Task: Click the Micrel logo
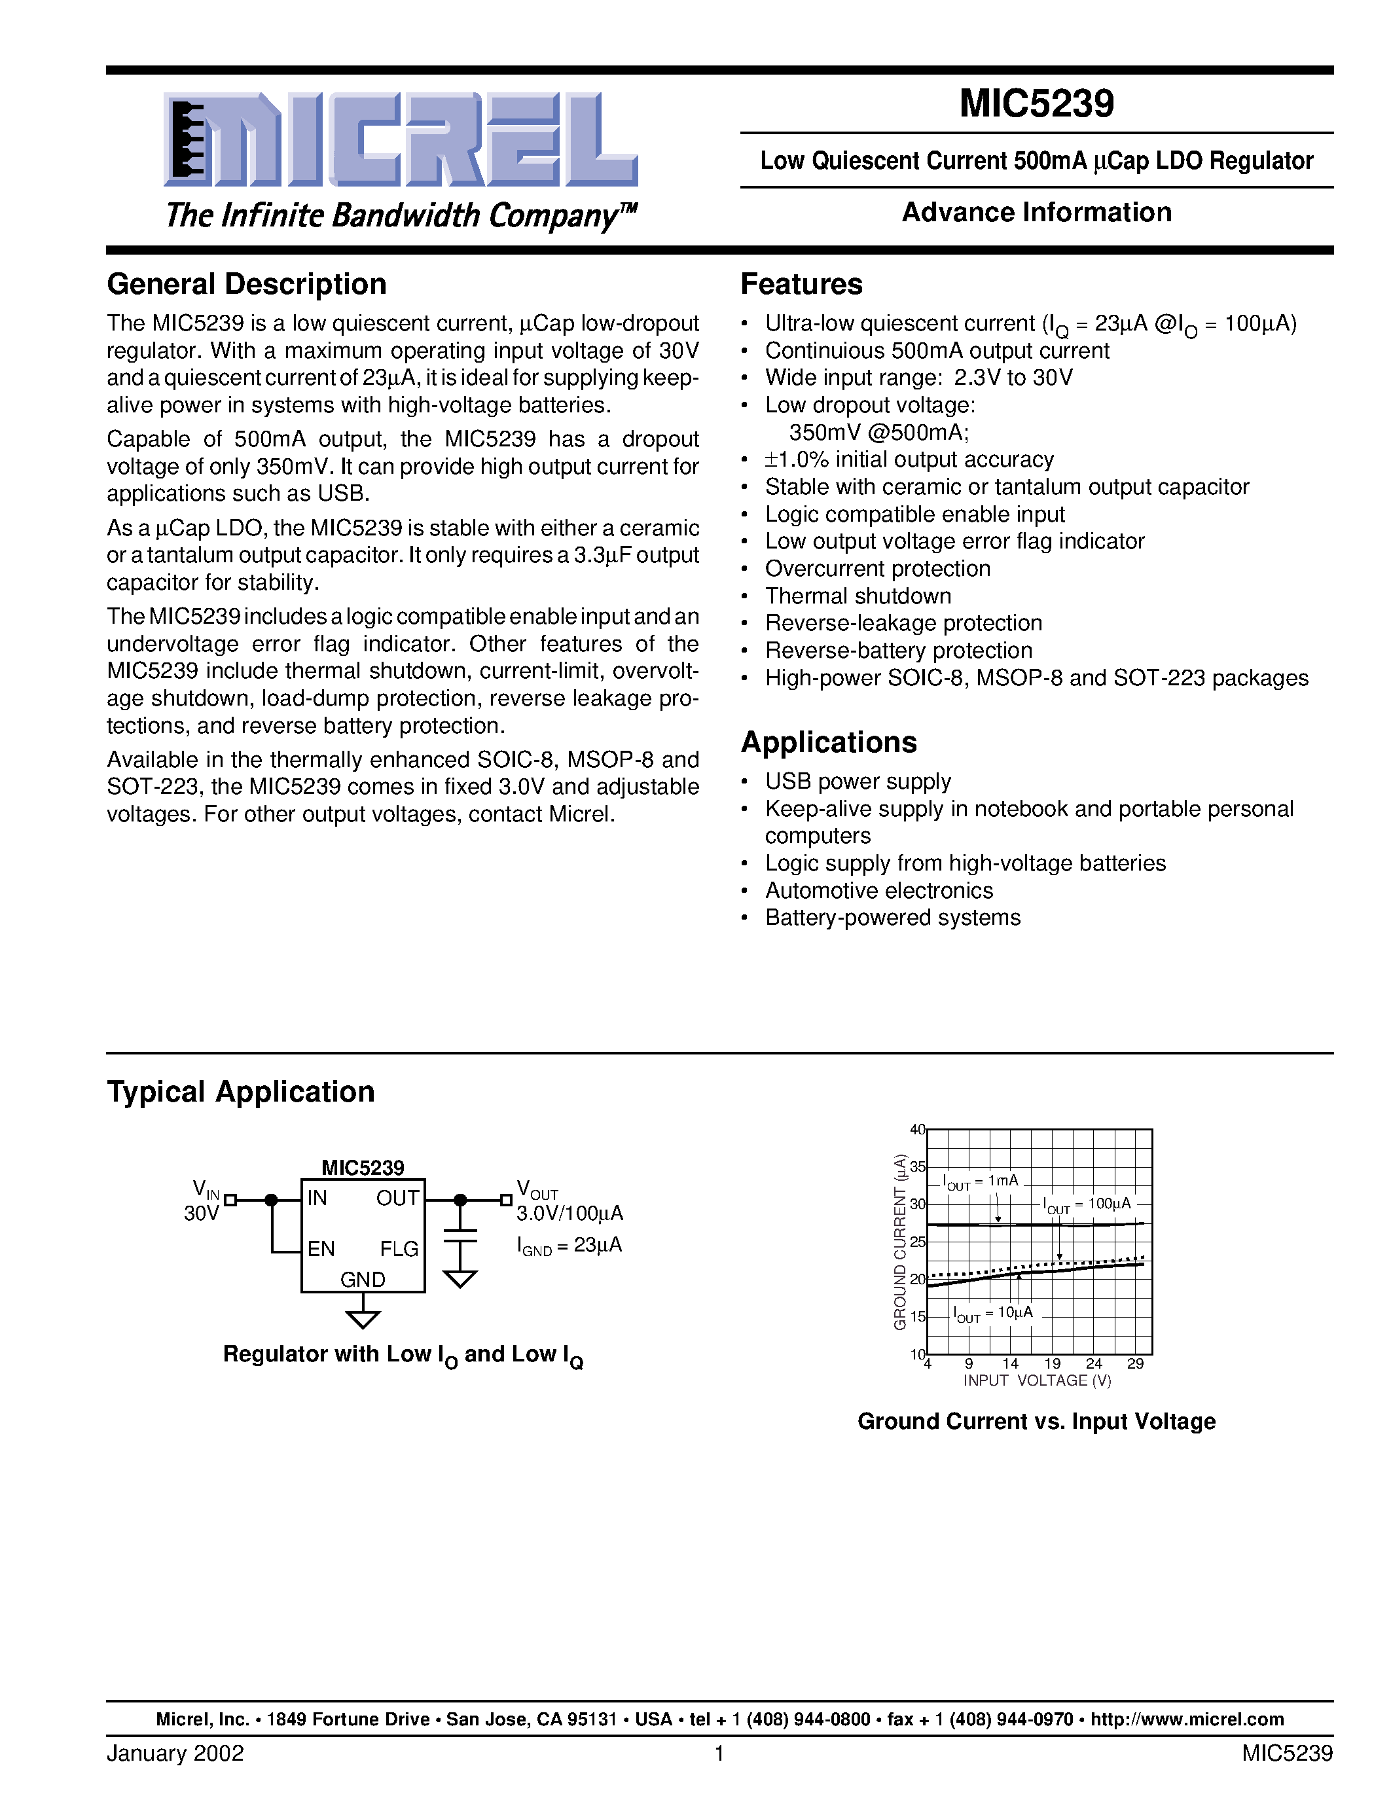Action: click(401, 140)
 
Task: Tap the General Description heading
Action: click(246, 284)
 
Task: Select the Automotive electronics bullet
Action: click(878, 891)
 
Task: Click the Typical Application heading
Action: click(241, 1092)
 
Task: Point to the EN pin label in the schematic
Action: click(321, 1250)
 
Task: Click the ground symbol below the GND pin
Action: click(363, 1319)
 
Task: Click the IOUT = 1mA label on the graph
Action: click(981, 1182)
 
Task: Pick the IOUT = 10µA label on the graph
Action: click(992, 1313)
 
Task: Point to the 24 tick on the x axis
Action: click(1094, 1364)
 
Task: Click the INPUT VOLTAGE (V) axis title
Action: click(1037, 1380)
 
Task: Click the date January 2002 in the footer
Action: click(175, 1753)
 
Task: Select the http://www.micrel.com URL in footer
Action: click(1187, 1719)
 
